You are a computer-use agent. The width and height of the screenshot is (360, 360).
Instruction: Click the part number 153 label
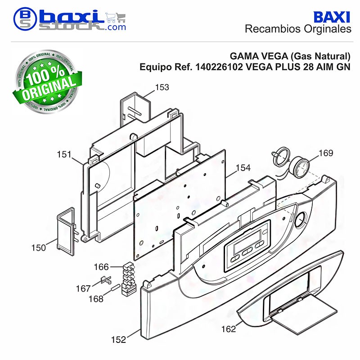pyautogui.click(x=162, y=87)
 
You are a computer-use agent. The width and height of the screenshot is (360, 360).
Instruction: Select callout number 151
pyautogui.click(x=64, y=154)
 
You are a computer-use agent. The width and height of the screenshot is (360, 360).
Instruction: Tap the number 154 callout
pyautogui.click(x=243, y=168)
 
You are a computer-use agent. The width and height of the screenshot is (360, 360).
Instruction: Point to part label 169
pyautogui.click(x=326, y=153)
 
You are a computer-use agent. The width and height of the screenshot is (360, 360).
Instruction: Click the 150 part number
pyautogui.click(x=39, y=248)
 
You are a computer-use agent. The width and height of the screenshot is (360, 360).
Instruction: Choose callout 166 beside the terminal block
pyautogui.click(x=101, y=267)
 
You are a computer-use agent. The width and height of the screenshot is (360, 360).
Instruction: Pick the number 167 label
pyautogui.click(x=83, y=288)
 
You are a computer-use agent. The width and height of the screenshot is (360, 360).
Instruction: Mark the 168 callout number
pyautogui.click(x=96, y=299)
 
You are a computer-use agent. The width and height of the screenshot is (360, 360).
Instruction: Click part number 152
pyautogui.click(x=118, y=340)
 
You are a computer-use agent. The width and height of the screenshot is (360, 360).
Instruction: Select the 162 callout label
pyautogui.click(x=229, y=329)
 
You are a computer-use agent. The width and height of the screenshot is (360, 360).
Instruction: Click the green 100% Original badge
pyautogui.click(x=47, y=81)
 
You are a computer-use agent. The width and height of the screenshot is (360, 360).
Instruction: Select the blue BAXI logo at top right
pyautogui.click(x=332, y=18)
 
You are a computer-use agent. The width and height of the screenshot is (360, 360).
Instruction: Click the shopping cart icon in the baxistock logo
pyautogui.click(x=116, y=18)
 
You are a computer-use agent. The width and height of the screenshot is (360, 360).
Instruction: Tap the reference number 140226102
pyautogui.click(x=219, y=67)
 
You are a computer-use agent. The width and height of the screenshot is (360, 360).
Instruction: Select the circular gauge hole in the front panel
pyautogui.click(x=300, y=220)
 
